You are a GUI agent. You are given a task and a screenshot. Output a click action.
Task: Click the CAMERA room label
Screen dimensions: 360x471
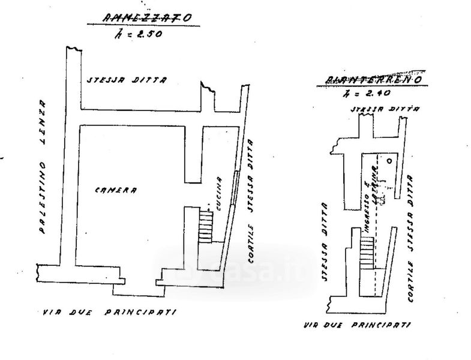[116, 190]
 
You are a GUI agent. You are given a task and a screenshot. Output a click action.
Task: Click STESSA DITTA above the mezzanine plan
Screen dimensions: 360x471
[126, 80]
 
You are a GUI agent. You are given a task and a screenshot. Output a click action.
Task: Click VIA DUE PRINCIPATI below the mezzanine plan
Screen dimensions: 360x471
[110, 312]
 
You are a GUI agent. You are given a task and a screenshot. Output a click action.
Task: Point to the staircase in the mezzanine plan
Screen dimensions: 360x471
[206, 226]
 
